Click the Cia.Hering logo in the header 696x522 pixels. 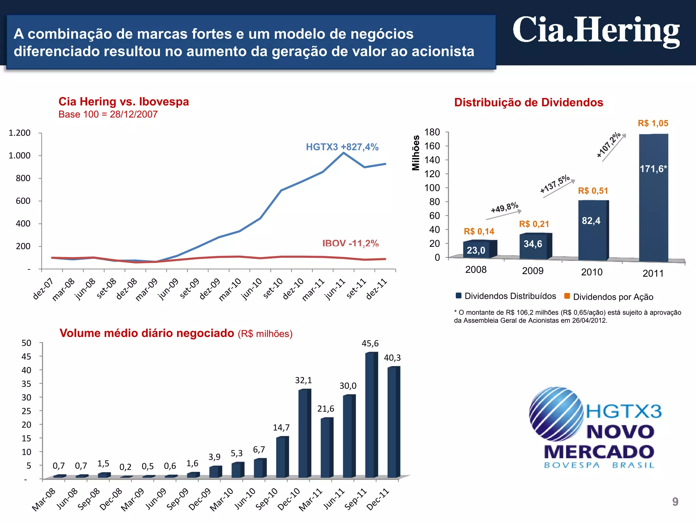click(596, 31)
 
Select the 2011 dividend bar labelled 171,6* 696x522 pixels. click(653, 197)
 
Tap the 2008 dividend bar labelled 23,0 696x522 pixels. click(476, 249)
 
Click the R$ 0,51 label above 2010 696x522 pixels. click(593, 191)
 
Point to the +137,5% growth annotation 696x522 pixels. click(555, 184)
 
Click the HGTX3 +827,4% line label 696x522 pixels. click(342, 147)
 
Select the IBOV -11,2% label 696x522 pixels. click(350, 243)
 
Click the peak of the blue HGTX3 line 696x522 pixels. click(344, 153)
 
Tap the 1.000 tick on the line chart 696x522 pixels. click(20, 155)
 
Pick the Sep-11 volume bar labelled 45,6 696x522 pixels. click(371, 415)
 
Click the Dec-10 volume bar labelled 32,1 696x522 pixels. click(304, 433)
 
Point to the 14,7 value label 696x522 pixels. click(281, 428)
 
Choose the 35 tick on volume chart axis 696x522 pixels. click(26, 384)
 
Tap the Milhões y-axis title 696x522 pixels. click(416, 153)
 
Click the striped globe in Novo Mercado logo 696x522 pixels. click(556, 414)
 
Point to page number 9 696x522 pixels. click(675, 502)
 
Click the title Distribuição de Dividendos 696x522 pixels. click(528, 102)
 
